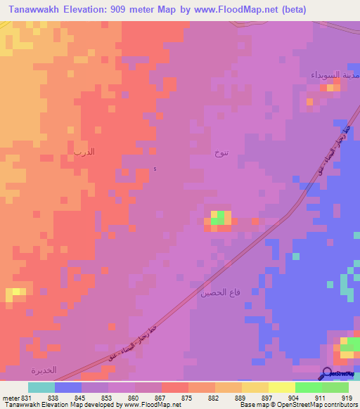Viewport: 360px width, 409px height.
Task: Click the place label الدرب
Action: click(x=84, y=152)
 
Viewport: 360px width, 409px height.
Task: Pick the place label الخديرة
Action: click(x=44, y=370)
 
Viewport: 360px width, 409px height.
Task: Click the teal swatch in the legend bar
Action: click(x=41, y=387)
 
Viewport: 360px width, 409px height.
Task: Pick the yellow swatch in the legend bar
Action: click(x=282, y=387)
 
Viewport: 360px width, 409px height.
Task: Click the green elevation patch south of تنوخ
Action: click(x=221, y=216)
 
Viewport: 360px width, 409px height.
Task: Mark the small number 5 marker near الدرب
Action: click(x=155, y=169)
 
